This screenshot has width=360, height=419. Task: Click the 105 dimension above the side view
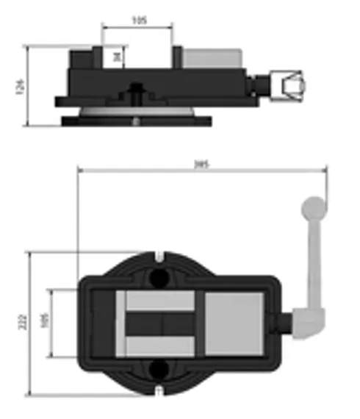pos(138,20)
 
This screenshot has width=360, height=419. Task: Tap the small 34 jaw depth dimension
pos(118,55)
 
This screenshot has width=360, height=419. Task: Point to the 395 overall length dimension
pos(201,165)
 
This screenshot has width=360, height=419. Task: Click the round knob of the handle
pos(312,207)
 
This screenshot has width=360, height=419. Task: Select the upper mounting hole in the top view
pos(159,277)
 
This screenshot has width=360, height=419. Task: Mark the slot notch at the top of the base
pos(159,257)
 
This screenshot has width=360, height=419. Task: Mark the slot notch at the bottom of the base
pos(159,387)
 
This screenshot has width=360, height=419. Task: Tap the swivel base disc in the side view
pos(135,118)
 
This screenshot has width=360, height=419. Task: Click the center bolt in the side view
pos(136,91)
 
